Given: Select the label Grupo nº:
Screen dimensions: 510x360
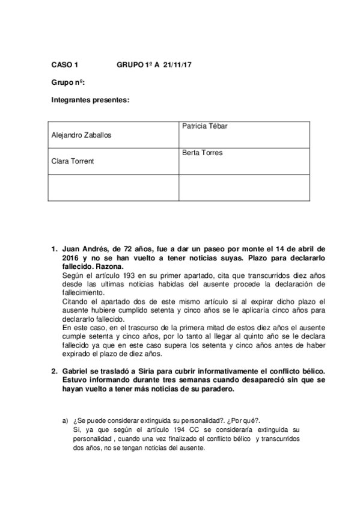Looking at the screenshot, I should click(x=68, y=82).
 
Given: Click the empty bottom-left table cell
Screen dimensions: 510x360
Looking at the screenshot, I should click(x=112, y=187).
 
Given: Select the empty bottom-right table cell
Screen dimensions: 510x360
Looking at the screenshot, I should click(x=244, y=187).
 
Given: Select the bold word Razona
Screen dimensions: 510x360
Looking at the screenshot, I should click(x=108, y=266).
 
